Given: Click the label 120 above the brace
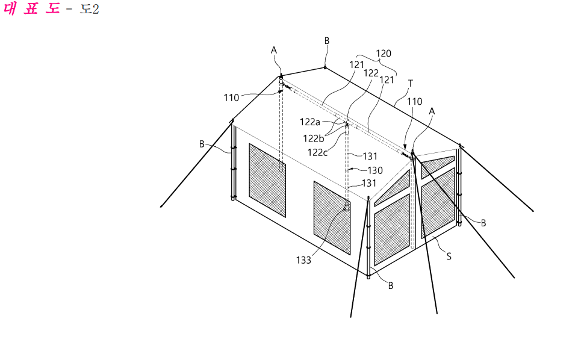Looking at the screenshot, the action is pyautogui.click(x=383, y=54).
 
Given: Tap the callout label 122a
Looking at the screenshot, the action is pyautogui.click(x=310, y=122).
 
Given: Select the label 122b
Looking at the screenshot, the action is pyautogui.click(x=314, y=138).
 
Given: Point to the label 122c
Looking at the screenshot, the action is pyautogui.click(x=317, y=152).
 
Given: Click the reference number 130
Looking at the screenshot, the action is pyautogui.click(x=375, y=170).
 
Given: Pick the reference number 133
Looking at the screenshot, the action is pyautogui.click(x=303, y=261).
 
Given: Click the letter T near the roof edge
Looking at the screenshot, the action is pyautogui.click(x=410, y=84).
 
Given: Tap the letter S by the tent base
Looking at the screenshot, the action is pyautogui.click(x=449, y=256).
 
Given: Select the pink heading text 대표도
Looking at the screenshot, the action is pyautogui.click(x=31, y=8).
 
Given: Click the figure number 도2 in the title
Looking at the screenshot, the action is pyautogui.click(x=89, y=9).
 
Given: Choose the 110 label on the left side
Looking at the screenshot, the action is pyautogui.click(x=231, y=98).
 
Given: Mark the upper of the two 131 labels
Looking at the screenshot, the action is pyautogui.click(x=370, y=157).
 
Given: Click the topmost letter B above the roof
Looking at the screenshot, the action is pyautogui.click(x=326, y=41).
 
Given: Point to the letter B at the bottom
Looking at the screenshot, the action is pyautogui.click(x=391, y=285).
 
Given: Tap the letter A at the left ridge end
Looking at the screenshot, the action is pyautogui.click(x=274, y=50).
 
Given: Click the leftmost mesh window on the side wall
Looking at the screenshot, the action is pyautogui.click(x=267, y=181).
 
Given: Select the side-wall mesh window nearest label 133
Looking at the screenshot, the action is pyautogui.click(x=332, y=218).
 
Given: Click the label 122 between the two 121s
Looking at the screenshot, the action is pyautogui.click(x=371, y=73).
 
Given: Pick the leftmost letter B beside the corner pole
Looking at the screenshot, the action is pyautogui.click(x=202, y=144).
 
